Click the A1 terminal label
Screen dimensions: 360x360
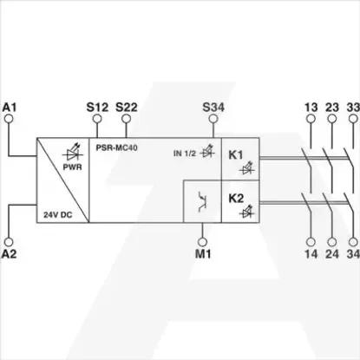[x=10, y=107]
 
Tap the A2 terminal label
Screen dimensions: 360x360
[x=10, y=254]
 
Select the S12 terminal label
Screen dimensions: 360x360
[x=97, y=107]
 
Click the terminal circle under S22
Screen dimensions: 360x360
[x=126, y=119]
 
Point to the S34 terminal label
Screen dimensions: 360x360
[x=213, y=107]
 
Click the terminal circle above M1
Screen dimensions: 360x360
[x=203, y=242]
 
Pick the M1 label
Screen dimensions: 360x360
[x=203, y=254]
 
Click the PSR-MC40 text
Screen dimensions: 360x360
[x=116, y=147]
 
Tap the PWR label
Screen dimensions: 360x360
[x=73, y=167]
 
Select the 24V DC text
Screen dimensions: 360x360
[x=58, y=215]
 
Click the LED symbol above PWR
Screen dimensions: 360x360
[x=73, y=153]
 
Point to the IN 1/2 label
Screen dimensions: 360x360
[x=185, y=154]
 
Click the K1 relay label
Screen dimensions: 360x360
[x=236, y=155]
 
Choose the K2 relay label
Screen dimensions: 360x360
[x=236, y=199]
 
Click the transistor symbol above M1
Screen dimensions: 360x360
[x=202, y=201]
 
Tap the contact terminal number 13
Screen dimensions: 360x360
[x=311, y=108]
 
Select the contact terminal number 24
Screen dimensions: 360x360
[x=332, y=254]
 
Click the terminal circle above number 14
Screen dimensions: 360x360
[x=311, y=242]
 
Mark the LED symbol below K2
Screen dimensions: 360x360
[x=247, y=212]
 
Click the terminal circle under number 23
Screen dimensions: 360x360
[x=332, y=119]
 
